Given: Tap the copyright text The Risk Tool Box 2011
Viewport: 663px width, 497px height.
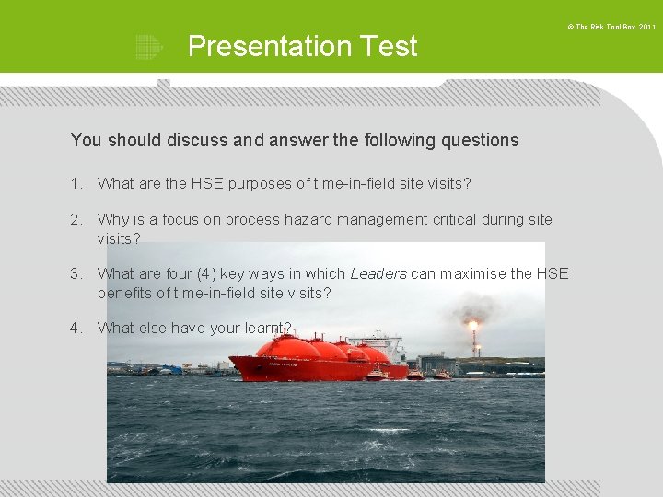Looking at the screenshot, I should (611, 28).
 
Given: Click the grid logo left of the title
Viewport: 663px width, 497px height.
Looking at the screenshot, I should (148, 47).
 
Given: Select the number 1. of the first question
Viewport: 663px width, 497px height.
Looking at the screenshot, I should (76, 183).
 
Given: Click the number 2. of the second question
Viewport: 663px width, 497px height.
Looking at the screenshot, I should (76, 219).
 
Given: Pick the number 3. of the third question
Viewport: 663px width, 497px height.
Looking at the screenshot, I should (76, 273).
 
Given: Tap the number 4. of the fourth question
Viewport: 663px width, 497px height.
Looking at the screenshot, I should (76, 328).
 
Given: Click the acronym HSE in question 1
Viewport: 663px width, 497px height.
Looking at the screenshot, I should (207, 183).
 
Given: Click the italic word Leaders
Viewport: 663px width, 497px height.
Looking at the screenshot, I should (378, 273).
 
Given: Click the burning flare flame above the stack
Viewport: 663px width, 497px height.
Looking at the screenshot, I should (473, 325).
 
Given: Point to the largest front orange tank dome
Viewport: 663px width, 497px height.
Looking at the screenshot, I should (289, 348).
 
